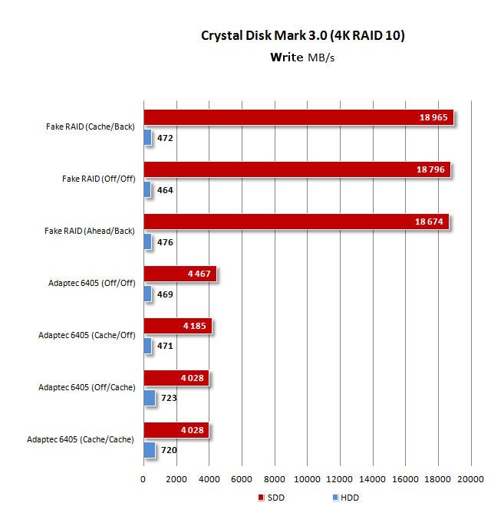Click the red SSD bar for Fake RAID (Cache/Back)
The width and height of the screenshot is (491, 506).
[x=298, y=117]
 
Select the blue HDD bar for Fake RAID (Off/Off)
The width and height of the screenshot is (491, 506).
[x=147, y=189]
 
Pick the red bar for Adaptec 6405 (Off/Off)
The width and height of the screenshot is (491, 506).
[x=180, y=274]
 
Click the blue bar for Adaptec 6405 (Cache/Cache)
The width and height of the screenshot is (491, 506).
[x=149, y=450]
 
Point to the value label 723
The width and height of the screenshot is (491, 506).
[x=168, y=399]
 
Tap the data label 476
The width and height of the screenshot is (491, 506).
[x=165, y=242]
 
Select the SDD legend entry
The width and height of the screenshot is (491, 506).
[x=274, y=498]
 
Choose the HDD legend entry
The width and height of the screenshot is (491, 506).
[x=344, y=498]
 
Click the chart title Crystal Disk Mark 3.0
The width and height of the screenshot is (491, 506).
[x=302, y=35]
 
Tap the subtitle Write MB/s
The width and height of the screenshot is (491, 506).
[x=302, y=57]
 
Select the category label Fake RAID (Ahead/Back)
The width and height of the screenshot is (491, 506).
[x=90, y=231]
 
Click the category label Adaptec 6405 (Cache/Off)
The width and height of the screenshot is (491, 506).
[x=87, y=335]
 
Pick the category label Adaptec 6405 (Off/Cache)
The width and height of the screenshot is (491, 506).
[x=87, y=387]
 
